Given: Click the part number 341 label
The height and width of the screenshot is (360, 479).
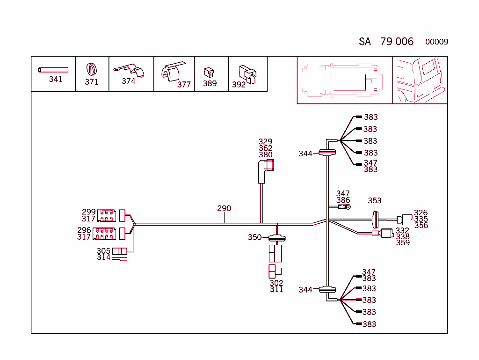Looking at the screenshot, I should [x=55, y=79].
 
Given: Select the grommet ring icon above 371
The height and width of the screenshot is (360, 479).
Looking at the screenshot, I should [x=92, y=69].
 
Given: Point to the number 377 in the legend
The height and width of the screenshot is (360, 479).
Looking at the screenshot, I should [x=184, y=85].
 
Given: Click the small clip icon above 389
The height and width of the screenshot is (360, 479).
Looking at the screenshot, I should [x=209, y=72].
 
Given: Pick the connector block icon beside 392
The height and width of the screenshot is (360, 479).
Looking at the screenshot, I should [x=248, y=73].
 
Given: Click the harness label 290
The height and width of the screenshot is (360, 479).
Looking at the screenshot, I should [x=224, y=208].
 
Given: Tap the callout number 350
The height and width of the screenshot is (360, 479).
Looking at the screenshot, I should [x=254, y=237].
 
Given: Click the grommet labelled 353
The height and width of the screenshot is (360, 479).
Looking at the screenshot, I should [x=375, y=219].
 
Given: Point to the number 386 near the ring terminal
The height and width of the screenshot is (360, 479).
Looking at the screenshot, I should [x=343, y=200].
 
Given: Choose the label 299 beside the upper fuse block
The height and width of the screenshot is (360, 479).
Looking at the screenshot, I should [x=89, y=212].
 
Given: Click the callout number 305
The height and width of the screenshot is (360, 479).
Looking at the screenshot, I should [x=103, y=251].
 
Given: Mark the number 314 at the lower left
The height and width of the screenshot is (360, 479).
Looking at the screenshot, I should [x=103, y=257].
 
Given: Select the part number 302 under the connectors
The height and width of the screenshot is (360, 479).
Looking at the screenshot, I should [x=276, y=283].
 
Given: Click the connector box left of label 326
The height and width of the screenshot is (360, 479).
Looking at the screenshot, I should [x=406, y=219].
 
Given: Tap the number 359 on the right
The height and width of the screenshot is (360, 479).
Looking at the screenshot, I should [x=403, y=242].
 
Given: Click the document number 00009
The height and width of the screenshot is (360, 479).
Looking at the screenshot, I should [x=436, y=42].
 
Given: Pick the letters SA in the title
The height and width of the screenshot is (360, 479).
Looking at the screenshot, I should [x=365, y=42].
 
